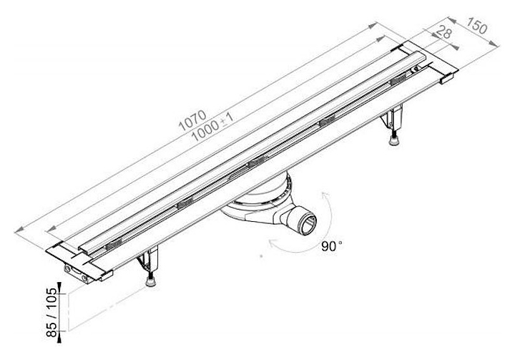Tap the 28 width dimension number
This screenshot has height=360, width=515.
point(443,33)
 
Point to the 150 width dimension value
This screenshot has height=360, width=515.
point(476,26)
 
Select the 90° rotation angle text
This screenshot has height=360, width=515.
point(331,246)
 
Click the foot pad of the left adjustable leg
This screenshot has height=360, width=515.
point(152,282)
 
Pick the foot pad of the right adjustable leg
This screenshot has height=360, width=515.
point(395,141)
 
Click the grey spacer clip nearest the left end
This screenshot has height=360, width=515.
point(113,245)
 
